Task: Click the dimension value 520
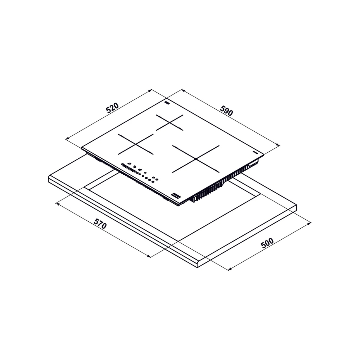click(112, 108)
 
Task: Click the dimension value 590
click(226, 111)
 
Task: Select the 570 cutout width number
click(100, 224)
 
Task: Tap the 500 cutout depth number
click(267, 243)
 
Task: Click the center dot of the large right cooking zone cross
click(196, 159)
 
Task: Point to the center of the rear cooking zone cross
click(170, 123)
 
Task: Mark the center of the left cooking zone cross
click(136, 144)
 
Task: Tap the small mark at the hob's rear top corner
click(167, 102)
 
